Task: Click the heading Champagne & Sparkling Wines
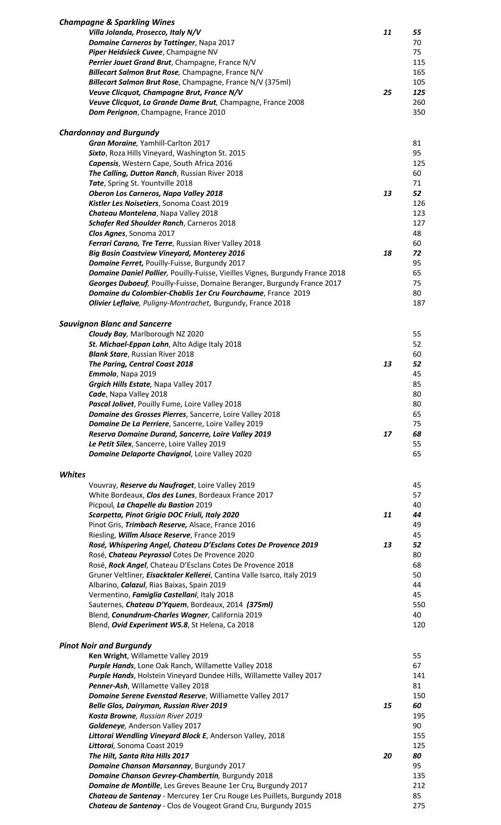117,22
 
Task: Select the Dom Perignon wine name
113,112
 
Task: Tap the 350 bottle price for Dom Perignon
419,112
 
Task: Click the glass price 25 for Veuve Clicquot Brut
387,92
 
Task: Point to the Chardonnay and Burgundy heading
109,132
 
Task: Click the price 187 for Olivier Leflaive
419,303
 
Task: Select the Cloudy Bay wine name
107,334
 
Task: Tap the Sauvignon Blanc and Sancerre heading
115,324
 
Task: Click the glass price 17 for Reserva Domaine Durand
387,434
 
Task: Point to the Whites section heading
72,474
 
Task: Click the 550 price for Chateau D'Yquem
419,605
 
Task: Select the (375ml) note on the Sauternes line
260,605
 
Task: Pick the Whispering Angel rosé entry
203,545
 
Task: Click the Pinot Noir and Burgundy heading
105,645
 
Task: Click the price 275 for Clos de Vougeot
419,806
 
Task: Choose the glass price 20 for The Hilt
387,756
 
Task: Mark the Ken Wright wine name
107,656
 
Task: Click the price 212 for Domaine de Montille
419,785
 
